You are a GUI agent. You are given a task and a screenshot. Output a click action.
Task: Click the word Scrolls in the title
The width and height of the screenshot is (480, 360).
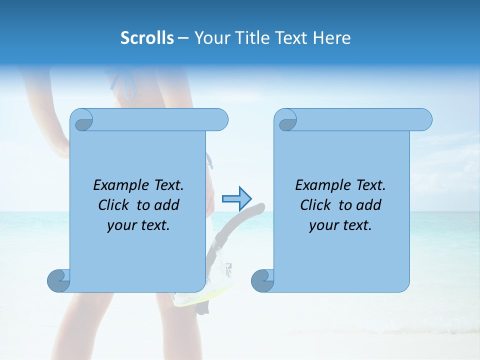[147, 38]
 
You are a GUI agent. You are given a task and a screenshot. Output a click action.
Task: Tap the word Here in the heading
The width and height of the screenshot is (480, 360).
[331, 38]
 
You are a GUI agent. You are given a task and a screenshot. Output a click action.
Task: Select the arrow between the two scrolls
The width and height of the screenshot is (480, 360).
[236, 199]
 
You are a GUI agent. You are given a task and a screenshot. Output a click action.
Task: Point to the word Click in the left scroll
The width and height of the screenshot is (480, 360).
[115, 205]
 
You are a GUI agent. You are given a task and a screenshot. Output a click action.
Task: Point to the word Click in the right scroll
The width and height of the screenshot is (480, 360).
[317, 205]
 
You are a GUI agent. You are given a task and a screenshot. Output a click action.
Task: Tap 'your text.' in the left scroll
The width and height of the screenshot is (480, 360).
[138, 225]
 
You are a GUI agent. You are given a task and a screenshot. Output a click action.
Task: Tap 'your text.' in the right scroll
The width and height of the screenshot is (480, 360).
[340, 225]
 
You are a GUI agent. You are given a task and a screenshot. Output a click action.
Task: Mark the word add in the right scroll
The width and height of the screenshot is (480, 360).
[369, 205]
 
